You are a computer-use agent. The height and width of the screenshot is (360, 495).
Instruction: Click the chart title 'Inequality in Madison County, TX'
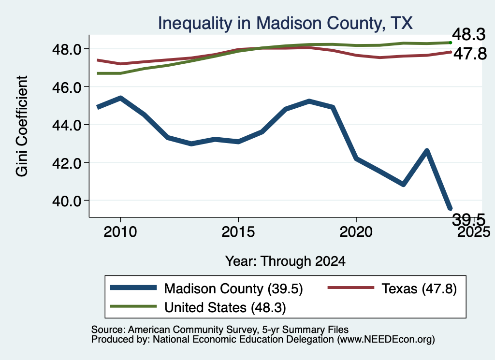point(285,23)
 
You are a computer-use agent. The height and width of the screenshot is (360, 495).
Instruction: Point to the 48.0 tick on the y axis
point(67,49)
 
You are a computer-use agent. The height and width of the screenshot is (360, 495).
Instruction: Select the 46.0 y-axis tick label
point(67,87)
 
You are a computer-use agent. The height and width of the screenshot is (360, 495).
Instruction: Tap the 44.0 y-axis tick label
point(67,125)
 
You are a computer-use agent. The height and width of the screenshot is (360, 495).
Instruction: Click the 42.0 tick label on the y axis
point(67,163)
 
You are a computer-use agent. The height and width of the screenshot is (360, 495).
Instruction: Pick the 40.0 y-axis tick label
point(67,201)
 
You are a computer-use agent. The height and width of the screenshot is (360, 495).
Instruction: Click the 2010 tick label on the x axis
point(120,232)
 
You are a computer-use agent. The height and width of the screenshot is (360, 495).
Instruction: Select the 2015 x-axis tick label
point(238,232)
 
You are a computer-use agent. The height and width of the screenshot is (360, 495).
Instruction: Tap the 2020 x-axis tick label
point(356,232)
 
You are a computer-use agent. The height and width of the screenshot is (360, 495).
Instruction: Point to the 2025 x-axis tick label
point(474,232)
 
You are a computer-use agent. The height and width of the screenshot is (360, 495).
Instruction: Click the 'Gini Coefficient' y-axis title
point(22,126)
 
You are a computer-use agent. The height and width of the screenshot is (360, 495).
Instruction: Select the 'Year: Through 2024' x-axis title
point(285,261)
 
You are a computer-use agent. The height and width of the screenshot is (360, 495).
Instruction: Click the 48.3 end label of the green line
point(469,34)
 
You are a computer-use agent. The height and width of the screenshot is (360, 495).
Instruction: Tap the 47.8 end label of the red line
point(470,54)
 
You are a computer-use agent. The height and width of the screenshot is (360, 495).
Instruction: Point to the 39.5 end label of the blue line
point(469,219)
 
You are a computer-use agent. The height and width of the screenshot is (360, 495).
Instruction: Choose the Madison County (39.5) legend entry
point(206,288)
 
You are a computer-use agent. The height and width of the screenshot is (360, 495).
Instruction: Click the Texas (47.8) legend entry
point(392,288)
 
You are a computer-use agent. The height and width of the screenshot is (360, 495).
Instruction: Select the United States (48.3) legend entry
point(198,307)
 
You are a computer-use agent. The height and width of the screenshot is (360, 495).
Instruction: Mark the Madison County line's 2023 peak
point(427,150)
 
